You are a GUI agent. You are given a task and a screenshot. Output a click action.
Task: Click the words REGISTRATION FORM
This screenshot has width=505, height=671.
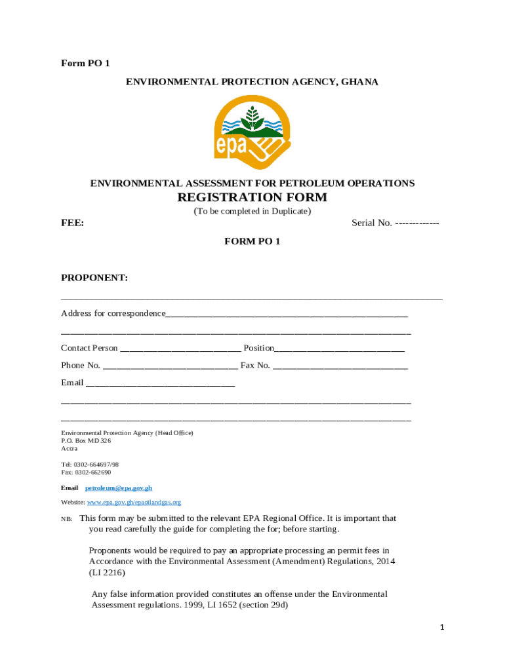(x=252, y=198)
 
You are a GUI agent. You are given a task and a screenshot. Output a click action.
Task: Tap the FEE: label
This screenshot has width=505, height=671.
(x=72, y=223)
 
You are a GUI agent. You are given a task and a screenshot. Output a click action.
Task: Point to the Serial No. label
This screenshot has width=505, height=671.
(x=372, y=223)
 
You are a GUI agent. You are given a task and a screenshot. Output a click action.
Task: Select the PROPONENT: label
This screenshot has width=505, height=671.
(x=94, y=278)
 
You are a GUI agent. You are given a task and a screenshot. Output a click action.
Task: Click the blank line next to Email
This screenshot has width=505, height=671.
(x=160, y=383)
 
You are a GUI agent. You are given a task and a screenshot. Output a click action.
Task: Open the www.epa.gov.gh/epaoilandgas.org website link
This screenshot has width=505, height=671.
(x=134, y=503)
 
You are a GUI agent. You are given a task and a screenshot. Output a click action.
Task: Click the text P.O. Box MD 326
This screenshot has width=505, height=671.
(x=86, y=441)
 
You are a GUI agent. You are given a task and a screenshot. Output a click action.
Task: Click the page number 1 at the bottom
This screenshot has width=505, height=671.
(x=442, y=628)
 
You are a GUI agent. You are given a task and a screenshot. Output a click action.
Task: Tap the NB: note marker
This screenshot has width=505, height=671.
(x=66, y=519)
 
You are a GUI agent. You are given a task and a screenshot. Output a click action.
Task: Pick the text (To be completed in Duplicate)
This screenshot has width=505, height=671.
(x=252, y=212)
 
